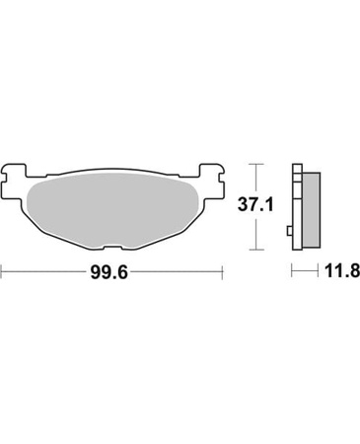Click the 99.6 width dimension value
pos(108,272)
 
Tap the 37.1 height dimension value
pos(255,205)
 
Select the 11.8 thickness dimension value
pos(342,271)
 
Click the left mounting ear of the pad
pos(14,182)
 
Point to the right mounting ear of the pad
pos(213,182)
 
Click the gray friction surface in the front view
pos(111,209)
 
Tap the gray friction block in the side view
pos(311,210)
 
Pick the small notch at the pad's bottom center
pos(112,247)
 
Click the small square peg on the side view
pos(290,231)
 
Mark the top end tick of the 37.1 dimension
pos(256,164)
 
